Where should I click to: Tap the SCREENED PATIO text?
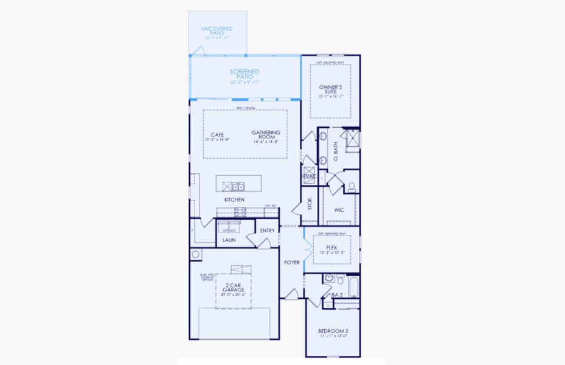[244, 75]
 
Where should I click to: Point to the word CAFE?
[217, 135]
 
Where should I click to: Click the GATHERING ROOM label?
[266, 135]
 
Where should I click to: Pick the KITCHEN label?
[234, 200]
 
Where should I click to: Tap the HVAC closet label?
[309, 176]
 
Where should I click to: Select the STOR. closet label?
[309, 203]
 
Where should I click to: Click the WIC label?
[339, 210]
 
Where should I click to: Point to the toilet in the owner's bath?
[352, 186]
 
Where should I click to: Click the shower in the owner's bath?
[351, 139]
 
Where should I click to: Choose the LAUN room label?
[229, 240]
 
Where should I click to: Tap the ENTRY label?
[267, 231]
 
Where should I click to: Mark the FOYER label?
[292, 262]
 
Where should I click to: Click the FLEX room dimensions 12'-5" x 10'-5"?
[332, 252]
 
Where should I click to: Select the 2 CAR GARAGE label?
[233, 287]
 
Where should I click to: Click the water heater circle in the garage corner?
[196, 254]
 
